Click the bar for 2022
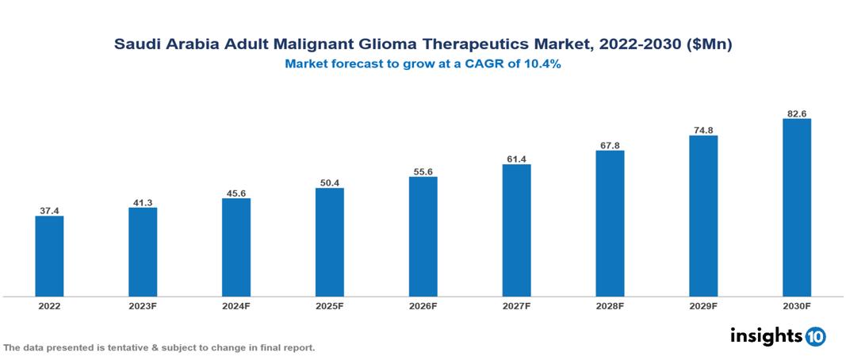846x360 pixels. (49, 256)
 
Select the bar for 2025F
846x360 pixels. (329, 242)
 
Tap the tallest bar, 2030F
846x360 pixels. (796, 208)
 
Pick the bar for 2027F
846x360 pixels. (516, 230)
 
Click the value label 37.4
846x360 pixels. (49, 211)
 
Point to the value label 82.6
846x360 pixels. (796, 114)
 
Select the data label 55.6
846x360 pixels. (423, 172)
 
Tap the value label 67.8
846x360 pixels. (610, 145)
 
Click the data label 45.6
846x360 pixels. (236, 193)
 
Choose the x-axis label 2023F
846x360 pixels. (143, 305)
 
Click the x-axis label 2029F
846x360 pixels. (702, 305)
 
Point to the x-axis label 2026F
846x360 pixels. (423, 305)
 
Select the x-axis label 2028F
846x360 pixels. (610, 305)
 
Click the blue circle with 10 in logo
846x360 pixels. (815, 336)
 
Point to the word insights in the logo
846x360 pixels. (765, 335)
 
